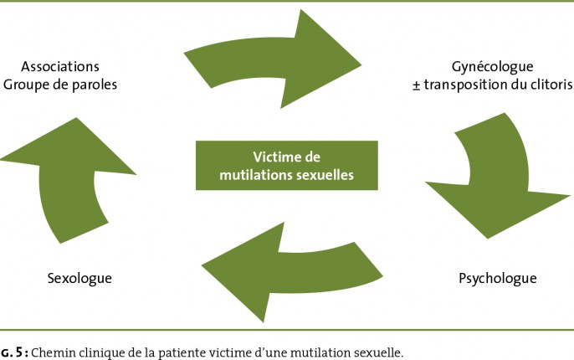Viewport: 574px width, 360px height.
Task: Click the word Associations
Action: coord(60,66)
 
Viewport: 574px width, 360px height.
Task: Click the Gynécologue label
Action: coord(492,67)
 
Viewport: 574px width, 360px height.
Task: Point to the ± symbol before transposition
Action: coord(416,85)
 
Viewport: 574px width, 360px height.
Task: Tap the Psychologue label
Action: coord(498,279)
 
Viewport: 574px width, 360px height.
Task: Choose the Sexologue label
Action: coord(79,279)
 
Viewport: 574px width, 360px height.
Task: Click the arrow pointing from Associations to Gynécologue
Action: coord(273,60)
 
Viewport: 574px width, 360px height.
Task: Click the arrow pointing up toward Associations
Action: coord(68,179)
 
